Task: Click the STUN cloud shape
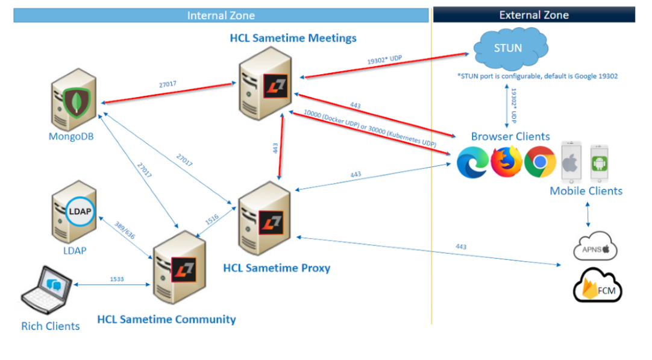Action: point(507,48)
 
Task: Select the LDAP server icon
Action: point(73,212)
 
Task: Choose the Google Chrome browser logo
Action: point(539,162)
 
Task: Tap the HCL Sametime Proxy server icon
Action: point(265,214)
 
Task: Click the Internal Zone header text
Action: point(221,16)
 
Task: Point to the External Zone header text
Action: point(534,15)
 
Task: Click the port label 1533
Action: point(118,279)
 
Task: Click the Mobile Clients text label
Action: point(586,191)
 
